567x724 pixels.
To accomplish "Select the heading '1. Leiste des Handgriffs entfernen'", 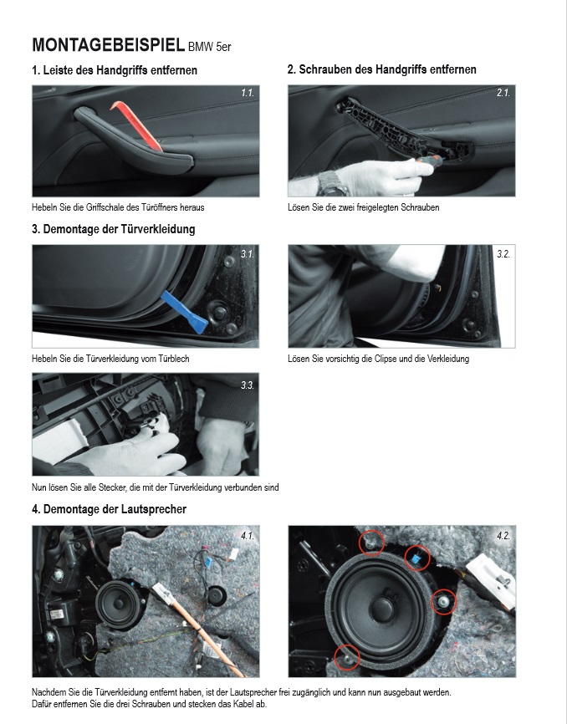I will click(x=115, y=70).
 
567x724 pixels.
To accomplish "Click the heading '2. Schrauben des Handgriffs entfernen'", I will click(x=381, y=70).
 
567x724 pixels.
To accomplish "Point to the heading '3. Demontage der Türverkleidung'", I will click(x=113, y=229).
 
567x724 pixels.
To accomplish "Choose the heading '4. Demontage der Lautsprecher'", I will click(x=109, y=509).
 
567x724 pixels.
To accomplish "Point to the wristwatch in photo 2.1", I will click(x=333, y=181).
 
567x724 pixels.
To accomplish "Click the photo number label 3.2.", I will click(x=502, y=254).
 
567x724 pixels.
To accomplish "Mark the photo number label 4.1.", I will click(x=246, y=535).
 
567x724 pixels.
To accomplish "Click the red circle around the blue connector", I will click(x=416, y=558).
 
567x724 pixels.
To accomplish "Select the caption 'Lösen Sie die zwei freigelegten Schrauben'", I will click(x=363, y=207).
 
